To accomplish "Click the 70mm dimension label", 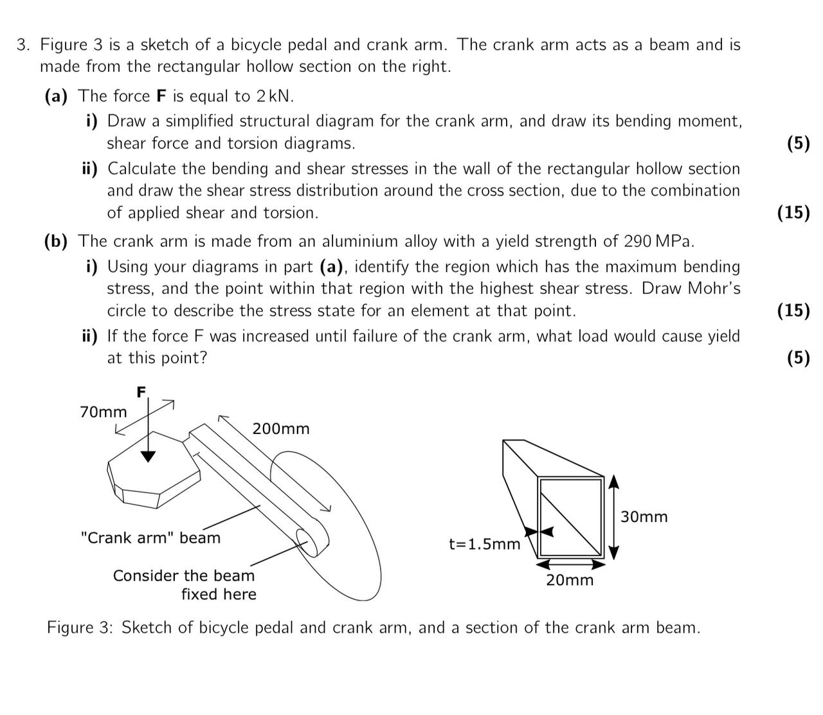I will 104,412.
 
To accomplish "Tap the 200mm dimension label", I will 281,429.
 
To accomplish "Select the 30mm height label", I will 644,517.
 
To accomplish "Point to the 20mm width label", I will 570,581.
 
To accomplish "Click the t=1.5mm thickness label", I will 484,545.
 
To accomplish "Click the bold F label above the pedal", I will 141,392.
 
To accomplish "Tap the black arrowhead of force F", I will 149,456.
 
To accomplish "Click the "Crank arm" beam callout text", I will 150,538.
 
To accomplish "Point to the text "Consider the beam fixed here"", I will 185,584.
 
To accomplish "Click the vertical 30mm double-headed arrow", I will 613,518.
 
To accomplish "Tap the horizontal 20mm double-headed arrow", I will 570,565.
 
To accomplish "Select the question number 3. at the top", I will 24,45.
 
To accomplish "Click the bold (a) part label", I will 56,96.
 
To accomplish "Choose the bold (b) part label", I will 56,242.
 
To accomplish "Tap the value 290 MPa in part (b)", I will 658,242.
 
